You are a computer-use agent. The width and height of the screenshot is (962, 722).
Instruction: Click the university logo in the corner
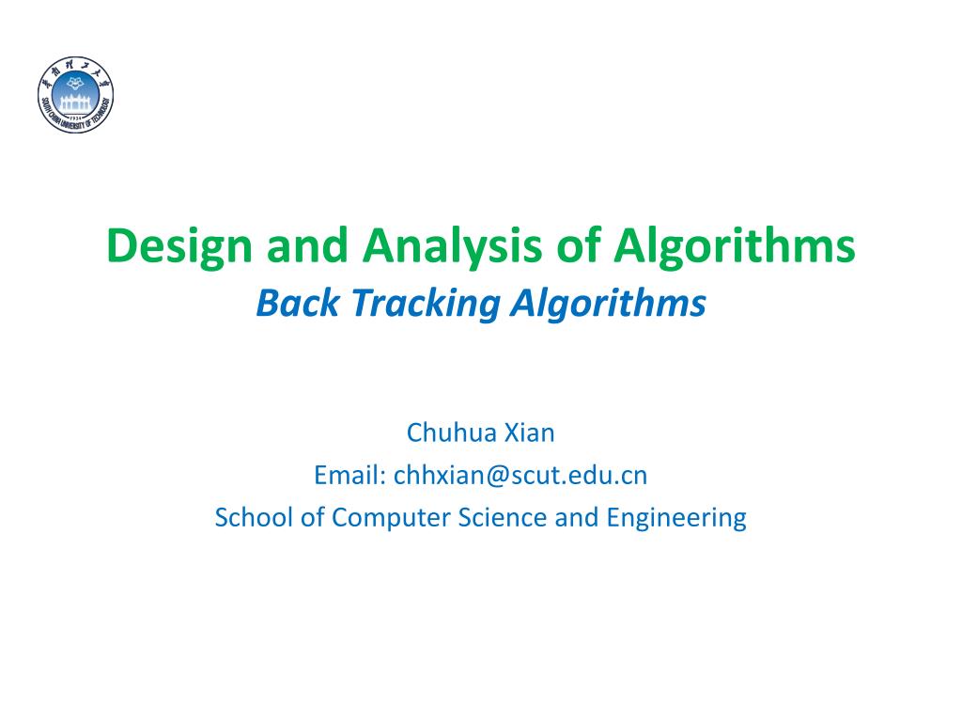(x=76, y=94)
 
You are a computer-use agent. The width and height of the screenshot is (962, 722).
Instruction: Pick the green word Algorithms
(x=736, y=246)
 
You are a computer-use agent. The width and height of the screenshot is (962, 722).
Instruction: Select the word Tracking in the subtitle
(x=401, y=304)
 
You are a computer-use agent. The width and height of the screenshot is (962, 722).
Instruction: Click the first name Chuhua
(x=446, y=432)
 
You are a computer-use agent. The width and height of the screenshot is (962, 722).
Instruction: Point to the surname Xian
(x=531, y=432)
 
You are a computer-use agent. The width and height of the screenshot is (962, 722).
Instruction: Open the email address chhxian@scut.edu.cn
(x=520, y=475)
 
